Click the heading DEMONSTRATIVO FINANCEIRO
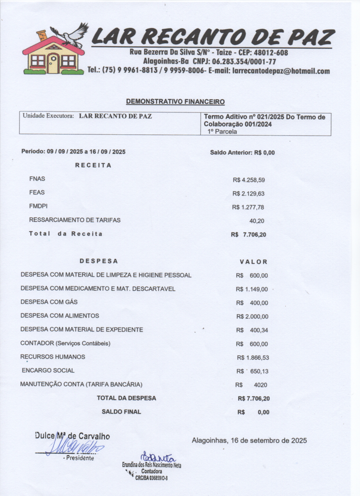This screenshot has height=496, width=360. coord(175,102)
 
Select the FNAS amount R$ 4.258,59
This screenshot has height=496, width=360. coord(249,180)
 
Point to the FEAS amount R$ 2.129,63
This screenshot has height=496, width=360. coord(249,194)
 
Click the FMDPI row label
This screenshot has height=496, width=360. coord(39,206)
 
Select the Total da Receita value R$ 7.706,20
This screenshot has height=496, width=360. coord(249,234)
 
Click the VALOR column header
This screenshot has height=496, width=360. coord(254,262)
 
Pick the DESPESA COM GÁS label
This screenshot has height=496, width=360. coord(49,302)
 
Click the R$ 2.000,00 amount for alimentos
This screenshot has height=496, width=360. coord(252,317)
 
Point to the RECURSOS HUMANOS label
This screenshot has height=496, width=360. coord(53,357)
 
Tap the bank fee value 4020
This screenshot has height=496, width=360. coord(260,385)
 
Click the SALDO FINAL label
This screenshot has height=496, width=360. coord(121,412)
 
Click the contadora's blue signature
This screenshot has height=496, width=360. coord(157,457)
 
